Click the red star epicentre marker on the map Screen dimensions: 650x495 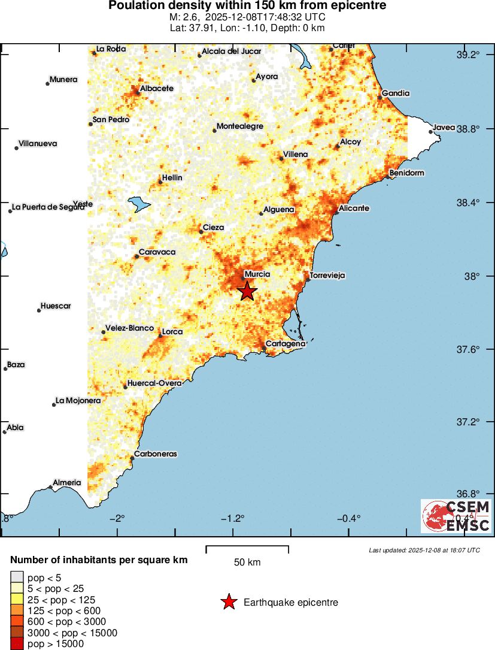247,291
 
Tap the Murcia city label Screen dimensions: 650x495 258,274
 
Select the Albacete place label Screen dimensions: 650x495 156,89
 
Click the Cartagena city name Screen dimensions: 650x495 286,344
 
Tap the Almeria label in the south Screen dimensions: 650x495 67,482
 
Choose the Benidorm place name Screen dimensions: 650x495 406,173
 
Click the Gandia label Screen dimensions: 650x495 396,93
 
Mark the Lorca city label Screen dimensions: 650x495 172,332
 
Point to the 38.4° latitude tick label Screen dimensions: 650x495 468,202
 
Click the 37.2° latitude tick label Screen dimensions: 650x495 468,422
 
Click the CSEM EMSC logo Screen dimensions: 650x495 456,516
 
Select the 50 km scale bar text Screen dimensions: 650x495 247,563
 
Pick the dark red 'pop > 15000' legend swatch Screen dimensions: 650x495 16,644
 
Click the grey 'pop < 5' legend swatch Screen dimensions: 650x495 16,578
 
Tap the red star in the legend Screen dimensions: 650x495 228,602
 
